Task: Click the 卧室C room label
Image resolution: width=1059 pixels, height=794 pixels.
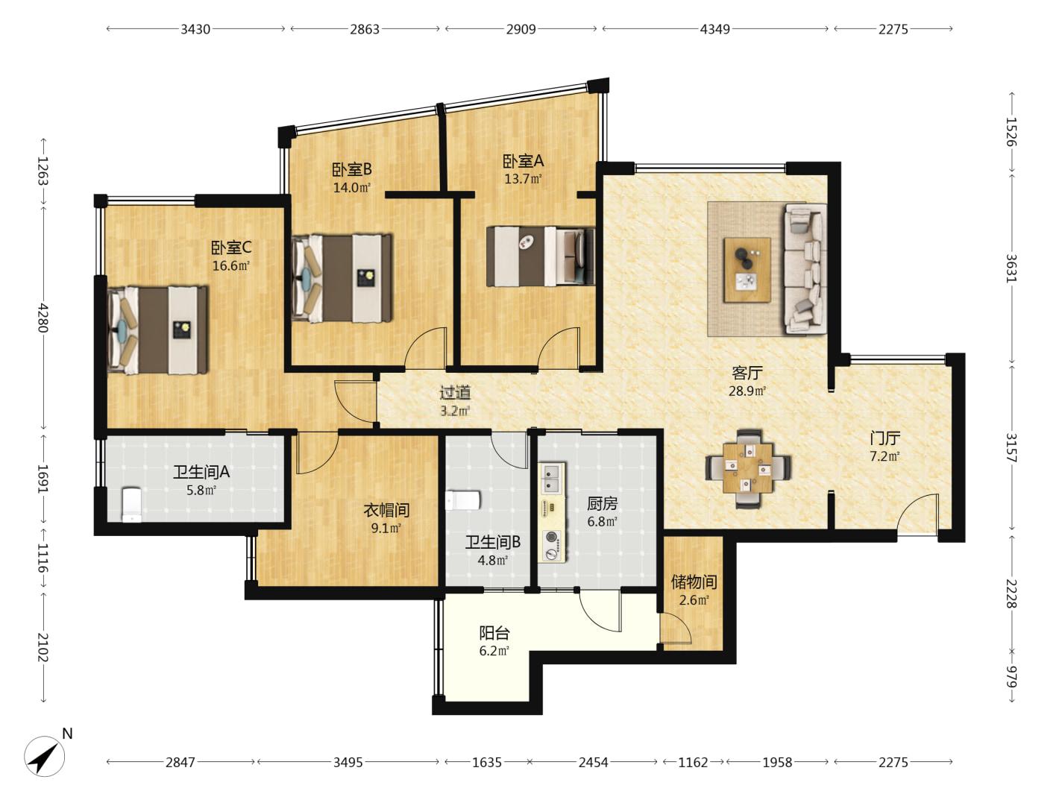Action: click(231, 248)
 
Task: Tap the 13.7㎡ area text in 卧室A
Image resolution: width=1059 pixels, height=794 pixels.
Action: click(523, 180)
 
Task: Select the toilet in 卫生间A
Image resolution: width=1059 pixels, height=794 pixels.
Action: click(131, 505)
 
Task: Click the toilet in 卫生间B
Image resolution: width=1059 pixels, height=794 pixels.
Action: click(463, 500)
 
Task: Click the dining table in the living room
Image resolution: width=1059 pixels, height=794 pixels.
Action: click(748, 467)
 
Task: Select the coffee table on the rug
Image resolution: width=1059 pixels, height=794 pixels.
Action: click(747, 270)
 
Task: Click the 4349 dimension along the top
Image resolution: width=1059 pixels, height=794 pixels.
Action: click(715, 29)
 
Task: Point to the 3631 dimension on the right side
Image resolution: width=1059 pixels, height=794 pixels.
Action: click(1012, 268)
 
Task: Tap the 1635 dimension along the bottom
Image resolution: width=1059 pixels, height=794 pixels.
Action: click(486, 762)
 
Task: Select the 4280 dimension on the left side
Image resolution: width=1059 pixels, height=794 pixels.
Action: click(43, 318)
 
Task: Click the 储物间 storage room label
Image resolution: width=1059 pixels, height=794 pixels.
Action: click(694, 582)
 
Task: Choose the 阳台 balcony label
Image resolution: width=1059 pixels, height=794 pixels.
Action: click(494, 633)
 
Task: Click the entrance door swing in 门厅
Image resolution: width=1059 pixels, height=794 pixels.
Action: click(917, 514)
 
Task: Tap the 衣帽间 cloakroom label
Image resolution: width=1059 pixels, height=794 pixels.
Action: click(386, 510)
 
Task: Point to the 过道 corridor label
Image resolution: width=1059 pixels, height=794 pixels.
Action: click(455, 393)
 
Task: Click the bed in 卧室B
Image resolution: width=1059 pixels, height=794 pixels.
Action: click(342, 278)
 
